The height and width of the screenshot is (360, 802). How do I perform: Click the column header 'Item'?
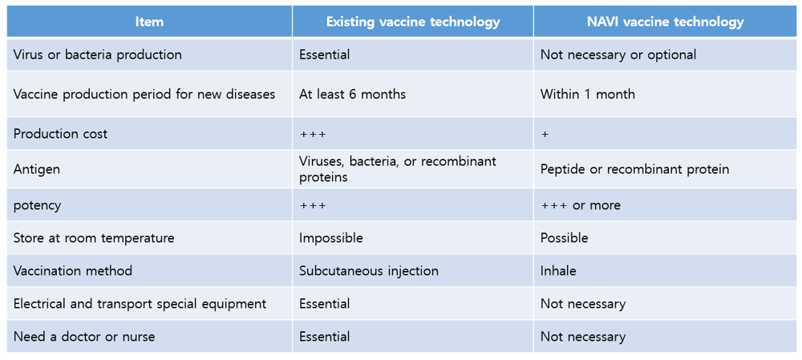click(149, 22)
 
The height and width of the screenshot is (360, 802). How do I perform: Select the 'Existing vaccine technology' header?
click(413, 22)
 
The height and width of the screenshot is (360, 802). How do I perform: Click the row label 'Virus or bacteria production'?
click(98, 55)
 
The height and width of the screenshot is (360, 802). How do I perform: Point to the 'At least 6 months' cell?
click(352, 95)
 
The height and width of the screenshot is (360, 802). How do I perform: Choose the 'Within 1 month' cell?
click(588, 95)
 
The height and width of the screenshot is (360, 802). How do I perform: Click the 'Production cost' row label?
click(61, 134)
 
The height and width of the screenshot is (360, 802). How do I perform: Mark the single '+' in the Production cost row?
click(545, 135)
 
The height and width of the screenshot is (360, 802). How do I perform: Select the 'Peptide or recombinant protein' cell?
click(634, 169)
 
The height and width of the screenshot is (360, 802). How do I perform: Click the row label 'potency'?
click(38, 205)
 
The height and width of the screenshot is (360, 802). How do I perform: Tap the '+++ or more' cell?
click(581, 205)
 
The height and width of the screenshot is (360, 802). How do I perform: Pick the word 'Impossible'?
click(331, 238)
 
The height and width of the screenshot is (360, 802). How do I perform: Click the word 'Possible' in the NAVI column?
click(564, 238)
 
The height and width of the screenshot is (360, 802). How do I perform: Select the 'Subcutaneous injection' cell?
click(369, 270)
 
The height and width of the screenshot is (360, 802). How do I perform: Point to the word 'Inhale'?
click(558, 270)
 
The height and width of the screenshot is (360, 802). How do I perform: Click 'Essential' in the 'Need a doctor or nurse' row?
click(325, 337)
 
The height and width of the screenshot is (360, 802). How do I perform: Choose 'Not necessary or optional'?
click(618, 55)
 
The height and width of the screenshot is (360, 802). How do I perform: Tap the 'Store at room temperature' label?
click(94, 238)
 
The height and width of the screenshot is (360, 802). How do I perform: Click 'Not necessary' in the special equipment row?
click(583, 304)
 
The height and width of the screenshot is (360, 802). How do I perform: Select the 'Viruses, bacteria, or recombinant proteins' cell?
click(398, 169)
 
